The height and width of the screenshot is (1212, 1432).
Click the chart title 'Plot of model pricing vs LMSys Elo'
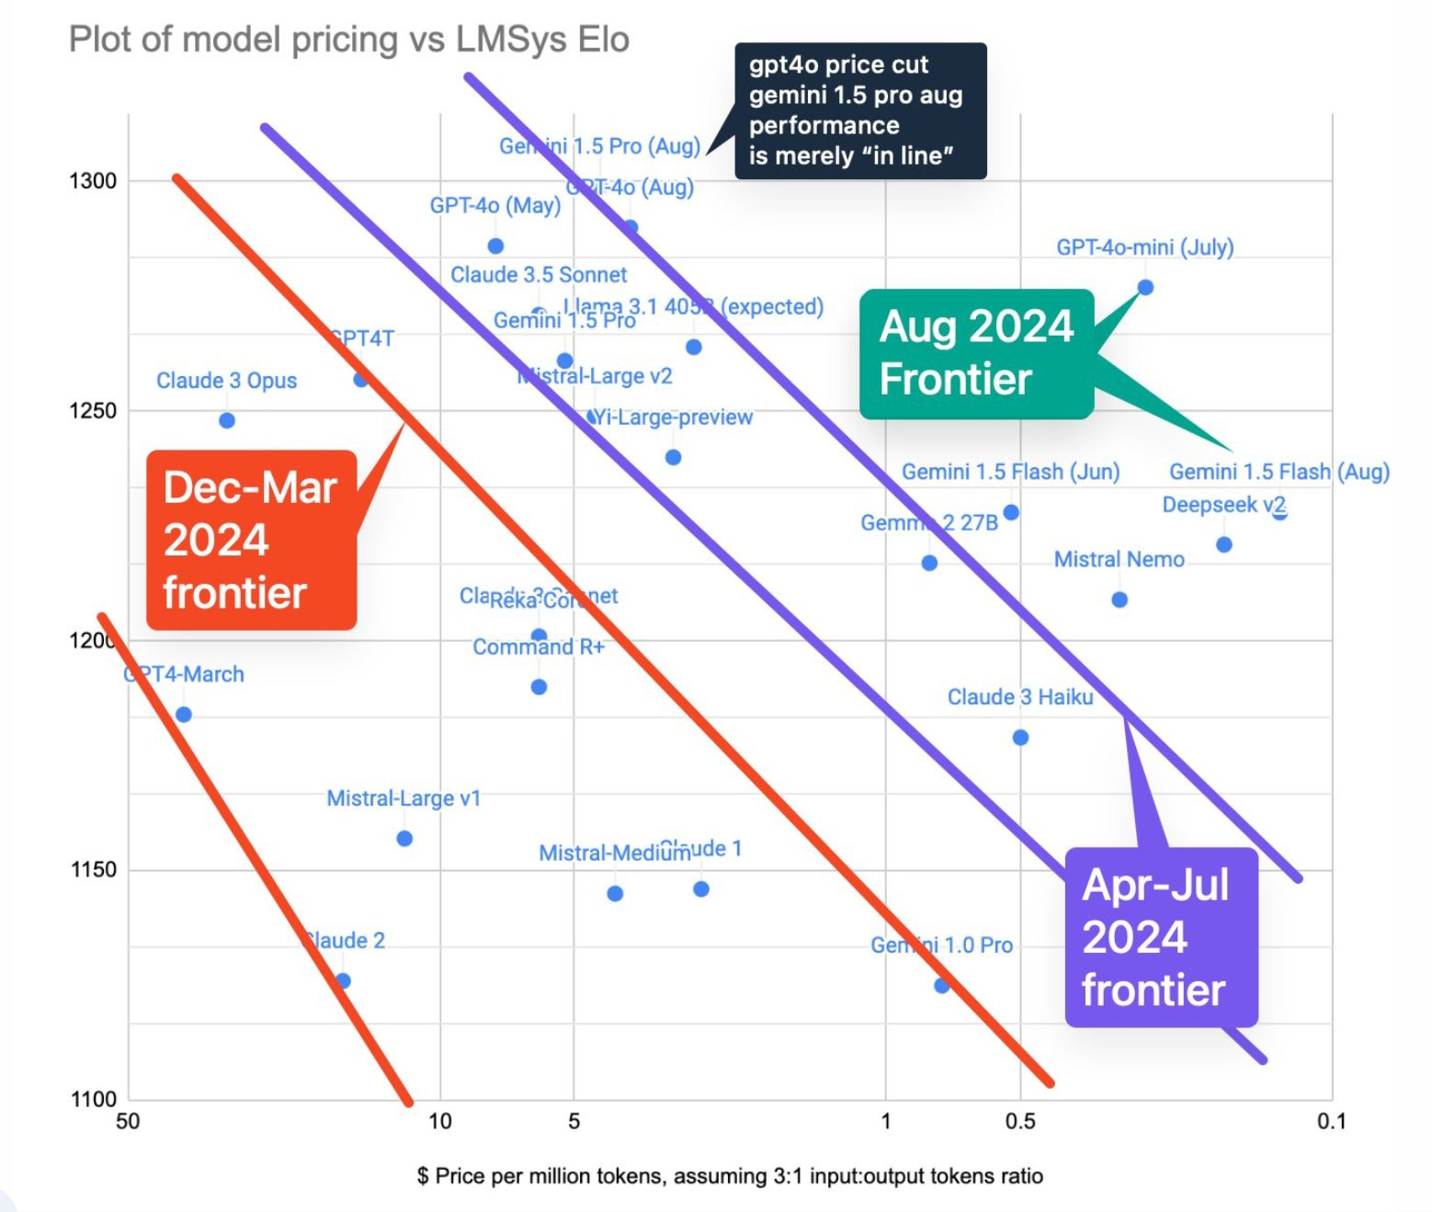[x=349, y=40]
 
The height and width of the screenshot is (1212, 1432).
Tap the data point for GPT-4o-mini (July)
[x=1145, y=287]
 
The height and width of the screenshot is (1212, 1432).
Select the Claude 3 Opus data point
[x=227, y=420]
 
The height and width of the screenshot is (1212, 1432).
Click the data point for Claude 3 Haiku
[x=1020, y=737]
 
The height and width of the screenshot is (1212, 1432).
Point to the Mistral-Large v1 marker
[x=404, y=839]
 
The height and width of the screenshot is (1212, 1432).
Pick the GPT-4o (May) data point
[x=495, y=246]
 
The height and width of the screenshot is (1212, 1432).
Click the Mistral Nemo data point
[x=1119, y=600]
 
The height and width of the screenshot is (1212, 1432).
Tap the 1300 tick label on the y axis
[x=93, y=181]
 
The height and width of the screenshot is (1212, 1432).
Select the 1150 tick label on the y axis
[x=93, y=869]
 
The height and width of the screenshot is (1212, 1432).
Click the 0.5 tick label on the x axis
[x=1020, y=1121]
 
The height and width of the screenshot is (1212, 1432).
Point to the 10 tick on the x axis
[x=440, y=1121]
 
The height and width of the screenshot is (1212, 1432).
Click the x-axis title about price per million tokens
[x=730, y=1176]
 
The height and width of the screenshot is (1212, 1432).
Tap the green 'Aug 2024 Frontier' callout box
[x=976, y=354]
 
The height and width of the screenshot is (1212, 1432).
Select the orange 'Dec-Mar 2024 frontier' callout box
[x=251, y=540]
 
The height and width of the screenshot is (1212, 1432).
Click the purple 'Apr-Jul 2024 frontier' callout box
[x=1160, y=936]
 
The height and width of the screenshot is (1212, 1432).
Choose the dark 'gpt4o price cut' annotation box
[x=859, y=110]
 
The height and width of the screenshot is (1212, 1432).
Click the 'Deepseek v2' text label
[x=1223, y=505]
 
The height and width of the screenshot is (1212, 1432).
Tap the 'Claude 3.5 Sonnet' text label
[x=539, y=275]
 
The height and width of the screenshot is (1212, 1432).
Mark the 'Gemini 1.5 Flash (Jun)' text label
[x=1010, y=472]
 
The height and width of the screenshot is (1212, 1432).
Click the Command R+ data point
[x=540, y=687]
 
